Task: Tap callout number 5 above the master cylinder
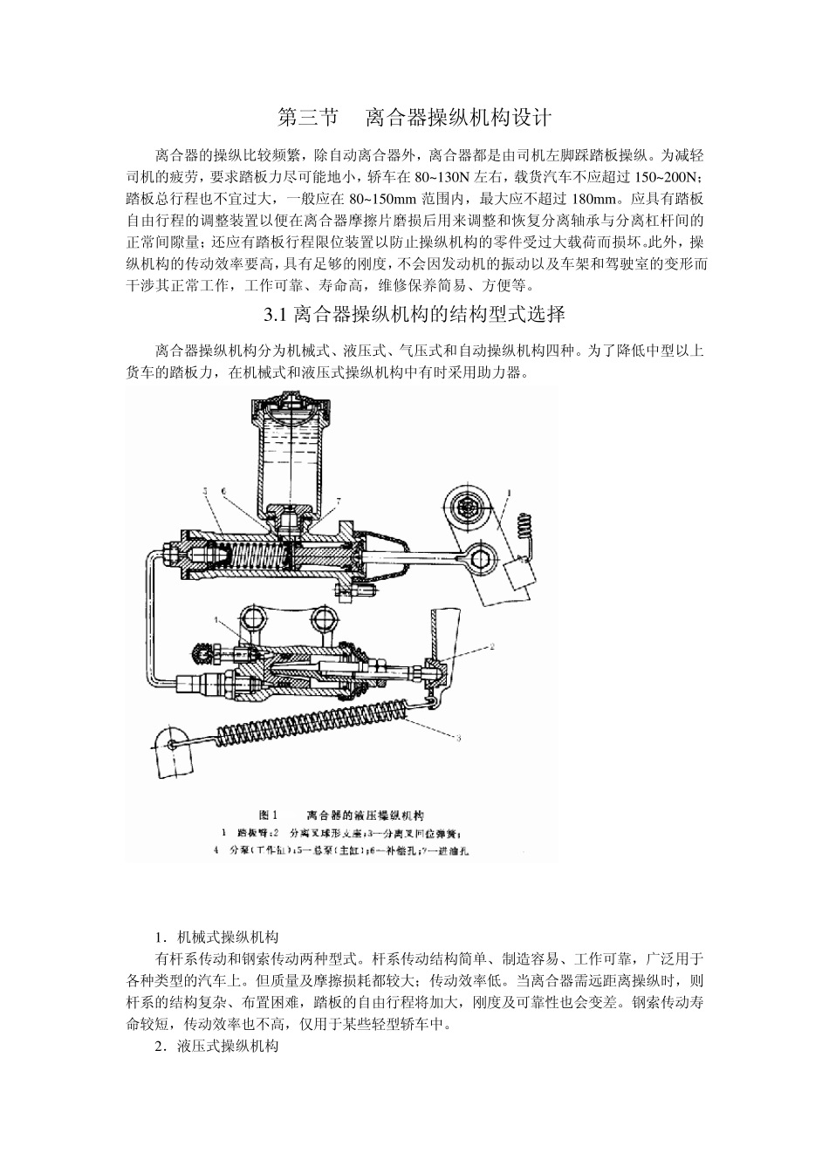[x=205, y=493]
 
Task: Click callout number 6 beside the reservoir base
[x=224, y=492]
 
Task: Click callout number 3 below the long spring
[x=457, y=738]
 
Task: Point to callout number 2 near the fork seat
[x=491, y=646]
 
